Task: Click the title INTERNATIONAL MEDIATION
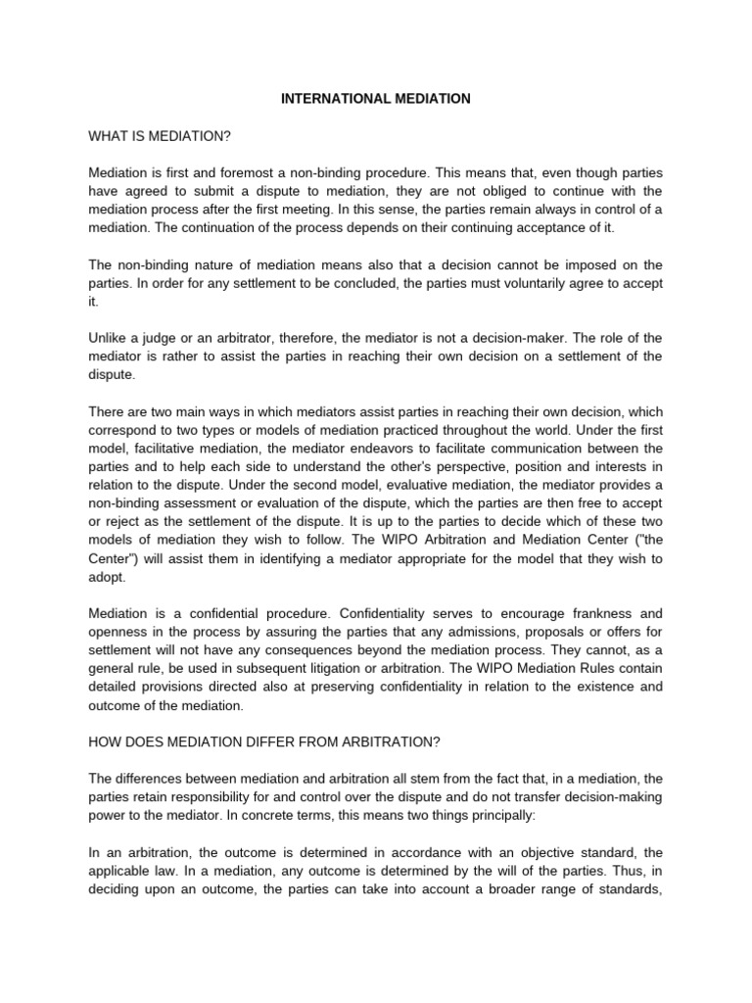pos(376,99)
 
